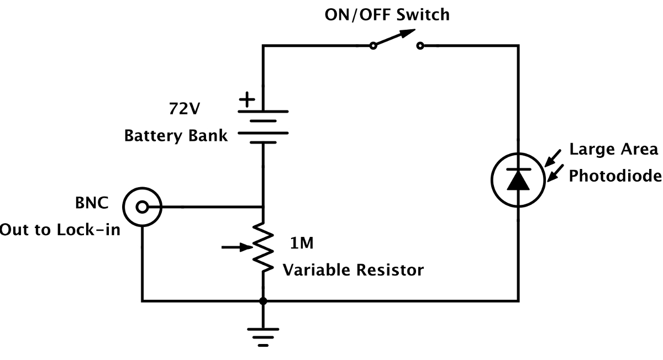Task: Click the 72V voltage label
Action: (x=185, y=108)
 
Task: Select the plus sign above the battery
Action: (x=247, y=100)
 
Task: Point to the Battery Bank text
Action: (x=175, y=135)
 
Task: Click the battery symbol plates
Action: (x=264, y=126)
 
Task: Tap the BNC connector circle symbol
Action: (x=142, y=207)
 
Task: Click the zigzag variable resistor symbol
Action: (x=264, y=247)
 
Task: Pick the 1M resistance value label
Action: (x=303, y=243)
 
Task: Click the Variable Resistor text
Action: (x=353, y=270)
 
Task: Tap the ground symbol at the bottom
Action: (x=263, y=335)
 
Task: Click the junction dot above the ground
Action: (x=264, y=301)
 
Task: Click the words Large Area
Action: (x=613, y=150)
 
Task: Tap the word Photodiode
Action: (x=615, y=176)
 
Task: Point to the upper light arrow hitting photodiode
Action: (x=553, y=156)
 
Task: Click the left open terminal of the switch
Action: (x=373, y=46)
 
